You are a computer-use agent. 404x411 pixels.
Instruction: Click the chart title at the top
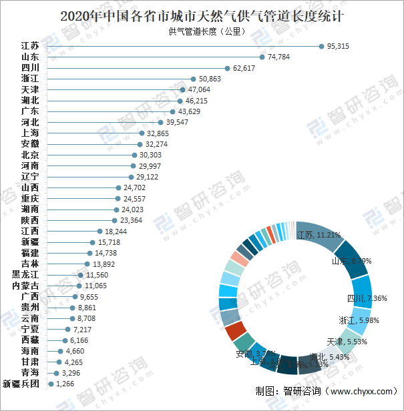[202, 15]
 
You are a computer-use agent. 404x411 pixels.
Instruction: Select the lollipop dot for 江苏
[321, 46]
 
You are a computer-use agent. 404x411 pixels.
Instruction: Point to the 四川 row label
[30, 68]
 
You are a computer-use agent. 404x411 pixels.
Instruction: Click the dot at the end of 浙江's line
[194, 79]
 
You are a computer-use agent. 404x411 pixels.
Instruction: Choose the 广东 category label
[30, 111]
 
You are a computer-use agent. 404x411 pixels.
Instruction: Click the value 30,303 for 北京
[150, 155]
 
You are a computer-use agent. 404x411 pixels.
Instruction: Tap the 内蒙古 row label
[26, 286]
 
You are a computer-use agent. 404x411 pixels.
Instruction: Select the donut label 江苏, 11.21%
[319, 235]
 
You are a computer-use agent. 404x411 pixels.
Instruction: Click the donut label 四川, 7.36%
[367, 298]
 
